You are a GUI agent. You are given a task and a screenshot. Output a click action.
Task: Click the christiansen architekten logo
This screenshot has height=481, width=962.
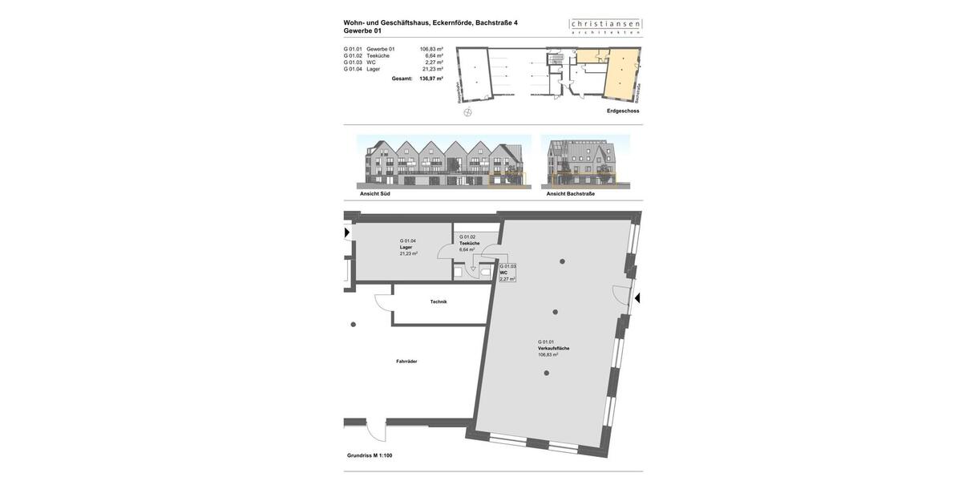(x=605, y=26)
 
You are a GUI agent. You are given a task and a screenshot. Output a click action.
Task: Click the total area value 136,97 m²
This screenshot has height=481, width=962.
(x=431, y=79)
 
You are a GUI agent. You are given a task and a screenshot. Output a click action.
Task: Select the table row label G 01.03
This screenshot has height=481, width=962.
(x=353, y=63)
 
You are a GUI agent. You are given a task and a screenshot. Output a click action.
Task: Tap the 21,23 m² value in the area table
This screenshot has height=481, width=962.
(x=433, y=69)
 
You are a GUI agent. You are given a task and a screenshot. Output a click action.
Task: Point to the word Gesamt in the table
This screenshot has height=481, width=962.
(x=402, y=79)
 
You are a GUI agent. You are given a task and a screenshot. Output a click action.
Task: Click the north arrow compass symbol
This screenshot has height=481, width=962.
(x=468, y=112)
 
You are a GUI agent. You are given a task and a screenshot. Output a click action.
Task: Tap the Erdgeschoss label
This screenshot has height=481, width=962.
(x=623, y=111)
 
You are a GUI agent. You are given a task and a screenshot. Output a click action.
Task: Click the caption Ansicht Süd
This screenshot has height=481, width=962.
(x=375, y=193)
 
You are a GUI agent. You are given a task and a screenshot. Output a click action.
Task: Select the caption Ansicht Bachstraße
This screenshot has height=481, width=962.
(x=571, y=193)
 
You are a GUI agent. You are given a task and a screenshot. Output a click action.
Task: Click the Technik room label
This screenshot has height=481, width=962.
(x=439, y=301)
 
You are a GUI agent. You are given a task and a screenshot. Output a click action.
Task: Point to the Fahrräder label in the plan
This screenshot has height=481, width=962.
(x=406, y=362)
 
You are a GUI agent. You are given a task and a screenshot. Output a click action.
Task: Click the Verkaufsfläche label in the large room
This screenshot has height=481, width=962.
(x=554, y=349)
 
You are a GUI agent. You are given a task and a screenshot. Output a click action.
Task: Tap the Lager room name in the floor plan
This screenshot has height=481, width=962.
(x=406, y=247)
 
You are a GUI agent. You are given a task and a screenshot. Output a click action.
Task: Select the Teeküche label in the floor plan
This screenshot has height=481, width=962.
(x=470, y=243)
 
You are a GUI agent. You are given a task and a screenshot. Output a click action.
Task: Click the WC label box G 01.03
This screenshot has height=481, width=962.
(x=507, y=273)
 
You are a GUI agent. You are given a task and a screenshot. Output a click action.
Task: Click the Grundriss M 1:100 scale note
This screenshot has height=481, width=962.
(x=370, y=455)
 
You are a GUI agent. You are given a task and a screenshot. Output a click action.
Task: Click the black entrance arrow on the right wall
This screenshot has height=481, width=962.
(x=637, y=298)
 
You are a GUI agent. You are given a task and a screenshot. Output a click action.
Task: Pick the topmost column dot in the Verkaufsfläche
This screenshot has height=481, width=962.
(x=562, y=261)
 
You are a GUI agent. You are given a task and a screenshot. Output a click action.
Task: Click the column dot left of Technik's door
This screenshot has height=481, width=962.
(x=354, y=325)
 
